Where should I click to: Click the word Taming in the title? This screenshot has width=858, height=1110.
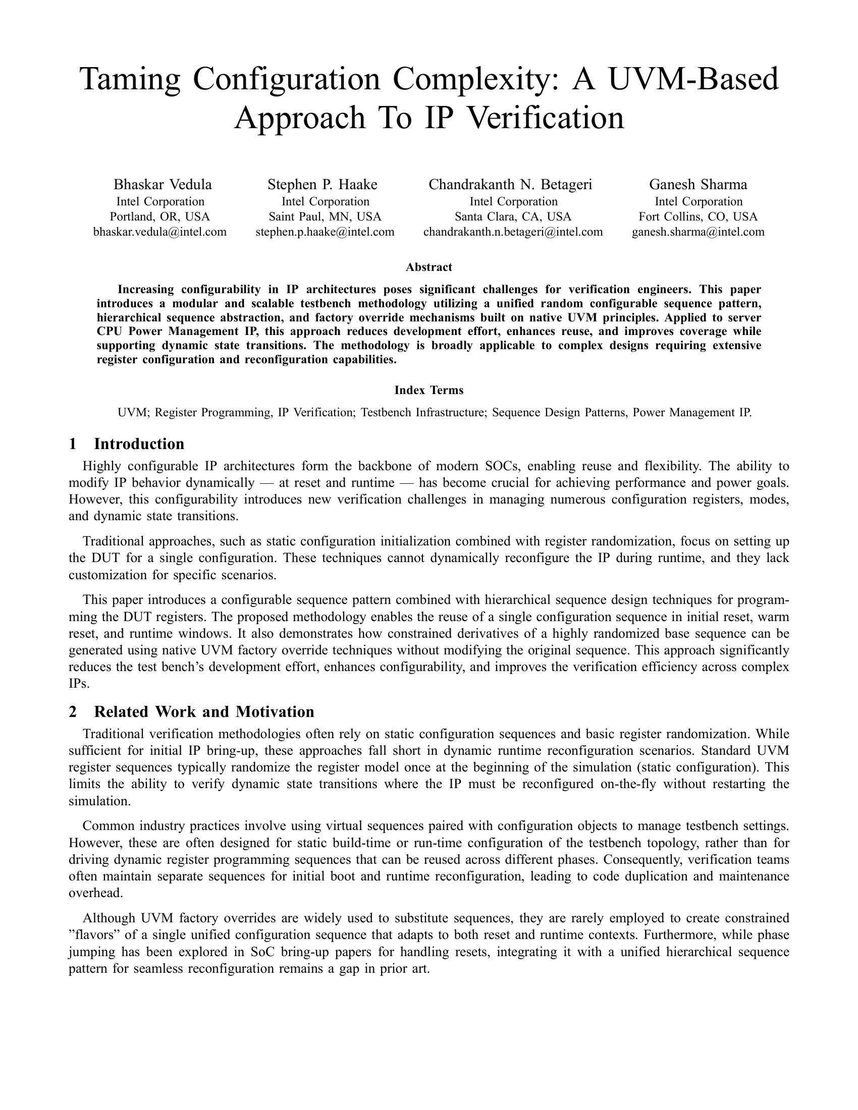pyautogui.click(x=130, y=80)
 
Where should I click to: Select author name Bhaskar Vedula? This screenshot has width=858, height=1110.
pyautogui.click(x=162, y=184)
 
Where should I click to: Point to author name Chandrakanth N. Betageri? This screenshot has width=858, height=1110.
pyautogui.click(x=510, y=184)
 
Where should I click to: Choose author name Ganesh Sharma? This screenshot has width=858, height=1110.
pyautogui.click(x=698, y=184)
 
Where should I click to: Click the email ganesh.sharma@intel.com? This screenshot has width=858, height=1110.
pyautogui.click(x=698, y=232)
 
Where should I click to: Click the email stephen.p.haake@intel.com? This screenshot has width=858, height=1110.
pyautogui.click(x=325, y=232)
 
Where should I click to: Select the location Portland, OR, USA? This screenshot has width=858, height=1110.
pyautogui.click(x=160, y=217)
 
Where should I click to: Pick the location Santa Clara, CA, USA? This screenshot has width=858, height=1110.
pyautogui.click(x=513, y=217)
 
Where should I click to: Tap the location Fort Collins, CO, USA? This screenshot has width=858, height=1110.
pyautogui.click(x=698, y=217)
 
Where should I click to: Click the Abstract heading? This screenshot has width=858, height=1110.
pyautogui.click(x=428, y=267)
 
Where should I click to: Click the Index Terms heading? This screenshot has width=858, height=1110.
pyautogui.click(x=428, y=391)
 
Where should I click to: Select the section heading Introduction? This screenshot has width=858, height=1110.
pyautogui.click(x=139, y=444)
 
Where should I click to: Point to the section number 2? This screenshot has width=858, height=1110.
pyautogui.click(x=73, y=712)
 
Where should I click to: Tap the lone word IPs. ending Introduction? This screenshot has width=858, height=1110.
pyautogui.click(x=79, y=684)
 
